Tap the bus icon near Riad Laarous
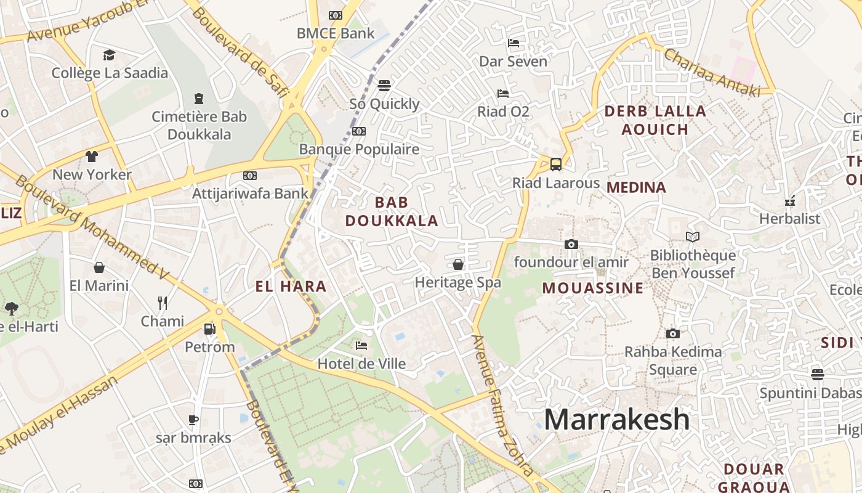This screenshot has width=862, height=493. (x=556, y=165)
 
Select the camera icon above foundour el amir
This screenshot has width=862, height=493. (x=571, y=245)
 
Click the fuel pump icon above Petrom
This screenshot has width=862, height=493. (x=210, y=329)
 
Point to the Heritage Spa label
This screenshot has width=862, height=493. (x=457, y=283)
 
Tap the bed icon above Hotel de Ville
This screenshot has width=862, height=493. (x=361, y=346)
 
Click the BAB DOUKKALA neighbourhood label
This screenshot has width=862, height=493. (x=392, y=211)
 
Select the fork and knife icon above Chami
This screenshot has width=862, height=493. (x=163, y=303)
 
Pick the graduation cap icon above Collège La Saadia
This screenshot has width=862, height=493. (x=110, y=55)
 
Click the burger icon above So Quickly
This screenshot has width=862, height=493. (x=384, y=85)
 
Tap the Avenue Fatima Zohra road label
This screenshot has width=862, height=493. (x=502, y=405)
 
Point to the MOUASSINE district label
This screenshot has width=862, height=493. (x=593, y=288)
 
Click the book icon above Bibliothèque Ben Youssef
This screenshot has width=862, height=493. (x=693, y=237)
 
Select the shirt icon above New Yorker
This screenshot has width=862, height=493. (x=92, y=157)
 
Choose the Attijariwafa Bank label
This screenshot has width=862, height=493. (x=250, y=194)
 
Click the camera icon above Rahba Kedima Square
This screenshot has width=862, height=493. (x=673, y=333)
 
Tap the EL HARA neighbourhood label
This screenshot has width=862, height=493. (x=291, y=287)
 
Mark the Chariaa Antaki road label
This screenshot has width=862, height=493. (x=711, y=73)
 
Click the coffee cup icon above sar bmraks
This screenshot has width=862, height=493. (x=193, y=420)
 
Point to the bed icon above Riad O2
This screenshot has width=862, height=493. (x=503, y=94)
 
